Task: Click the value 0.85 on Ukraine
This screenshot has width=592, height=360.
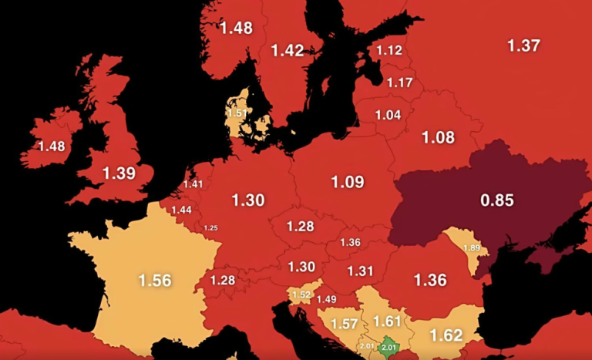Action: (x=496, y=201)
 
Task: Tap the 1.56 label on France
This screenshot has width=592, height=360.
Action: (x=154, y=280)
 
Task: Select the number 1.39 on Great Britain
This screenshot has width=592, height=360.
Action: (x=119, y=173)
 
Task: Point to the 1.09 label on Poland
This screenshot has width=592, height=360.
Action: (x=348, y=183)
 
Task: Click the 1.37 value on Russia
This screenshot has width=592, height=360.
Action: (x=523, y=45)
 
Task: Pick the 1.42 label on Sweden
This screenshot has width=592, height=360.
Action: (x=287, y=51)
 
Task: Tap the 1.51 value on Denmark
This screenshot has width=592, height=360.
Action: (x=237, y=113)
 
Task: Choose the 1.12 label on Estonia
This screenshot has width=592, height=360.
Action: (x=389, y=51)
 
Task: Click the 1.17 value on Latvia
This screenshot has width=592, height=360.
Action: (x=400, y=82)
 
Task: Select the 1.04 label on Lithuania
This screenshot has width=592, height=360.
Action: (x=388, y=115)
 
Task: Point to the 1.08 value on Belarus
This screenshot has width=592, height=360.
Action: (x=438, y=138)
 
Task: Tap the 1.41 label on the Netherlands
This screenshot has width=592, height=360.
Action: (x=193, y=184)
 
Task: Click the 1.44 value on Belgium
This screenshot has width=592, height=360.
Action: (x=182, y=210)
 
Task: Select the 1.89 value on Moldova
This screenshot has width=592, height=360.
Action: (x=470, y=247)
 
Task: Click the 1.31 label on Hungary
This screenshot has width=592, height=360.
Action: (x=360, y=271)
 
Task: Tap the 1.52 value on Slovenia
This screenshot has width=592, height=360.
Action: (x=301, y=294)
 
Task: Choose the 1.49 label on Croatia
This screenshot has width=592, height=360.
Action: (x=327, y=300)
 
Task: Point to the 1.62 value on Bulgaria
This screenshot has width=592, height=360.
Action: (x=446, y=335)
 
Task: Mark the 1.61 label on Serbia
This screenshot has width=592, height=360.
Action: (x=388, y=321)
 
